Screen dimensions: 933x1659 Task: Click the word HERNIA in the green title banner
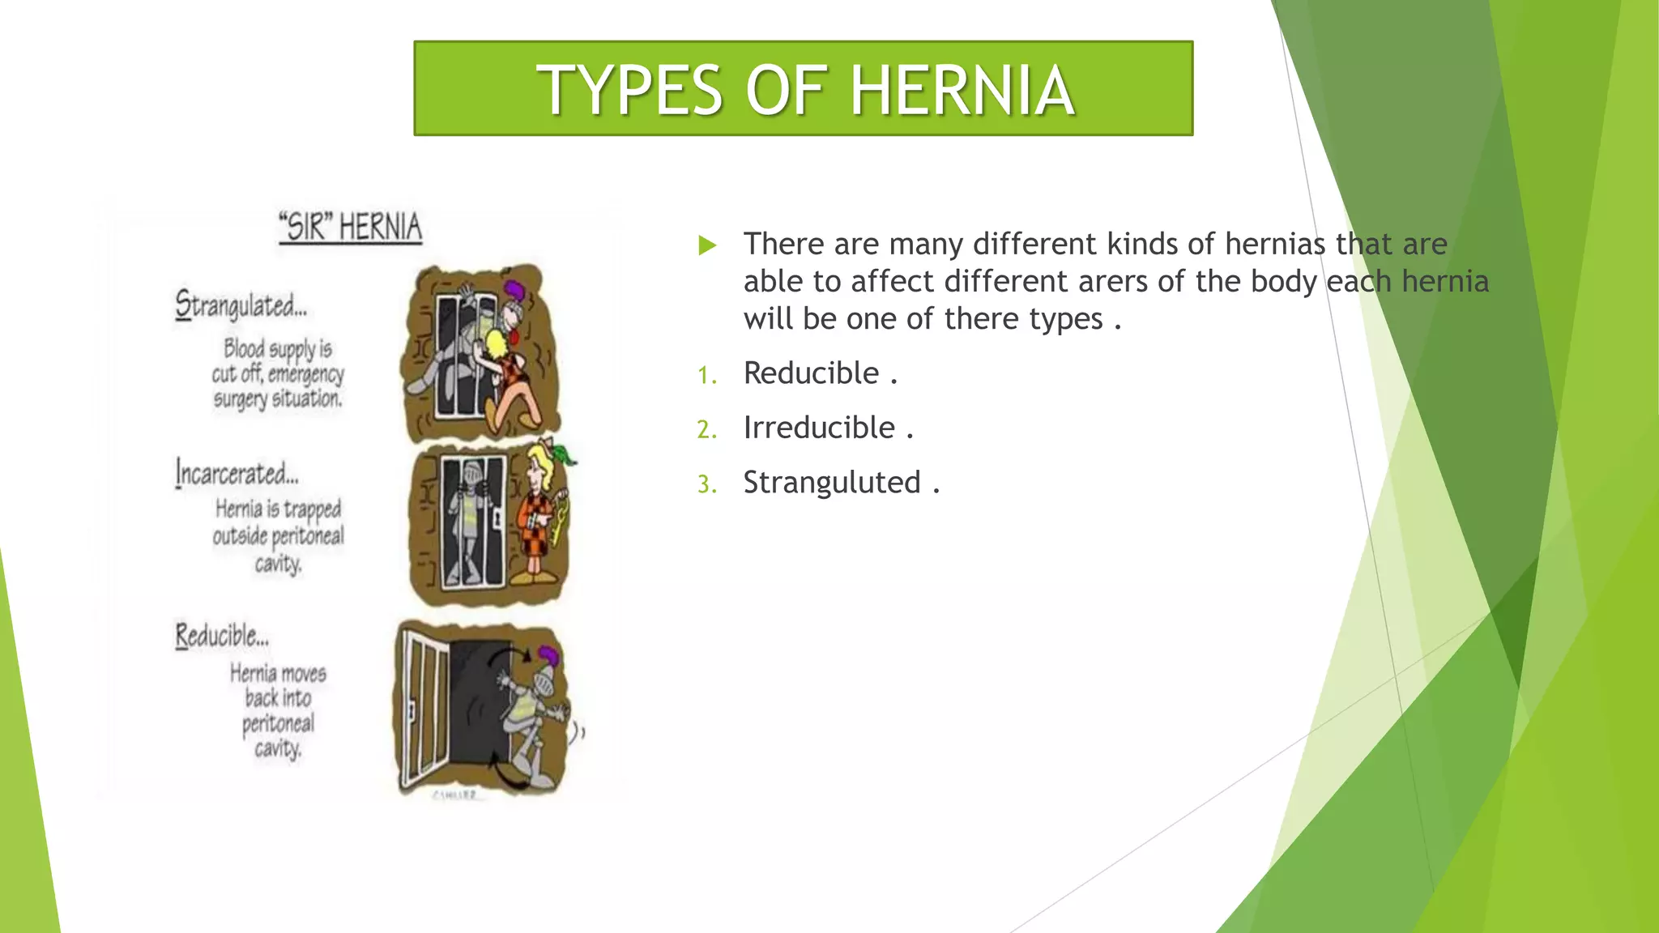pos(962,90)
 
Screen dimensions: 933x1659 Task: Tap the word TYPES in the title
pos(629,90)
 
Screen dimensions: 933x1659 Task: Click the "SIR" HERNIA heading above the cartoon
pos(350,227)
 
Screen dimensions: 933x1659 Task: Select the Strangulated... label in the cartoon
pos(241,306)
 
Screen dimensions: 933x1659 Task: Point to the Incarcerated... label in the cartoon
pos(237,473)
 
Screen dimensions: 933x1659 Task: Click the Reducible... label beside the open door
pos(222,636)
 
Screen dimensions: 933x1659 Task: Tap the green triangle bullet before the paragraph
pos(707,245)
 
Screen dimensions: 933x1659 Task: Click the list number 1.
pos(706,376)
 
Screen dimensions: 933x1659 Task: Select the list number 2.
pos(706,430)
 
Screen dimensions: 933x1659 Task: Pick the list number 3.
pos(706,484)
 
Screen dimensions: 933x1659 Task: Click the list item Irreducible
pos(819,428)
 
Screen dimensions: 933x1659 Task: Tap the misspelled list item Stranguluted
pos(832,483)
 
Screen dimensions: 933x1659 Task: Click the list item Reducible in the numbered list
pos(811,373)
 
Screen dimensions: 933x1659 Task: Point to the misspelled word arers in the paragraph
pos(1112,282)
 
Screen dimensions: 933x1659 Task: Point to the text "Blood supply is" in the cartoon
pos(277,348)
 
